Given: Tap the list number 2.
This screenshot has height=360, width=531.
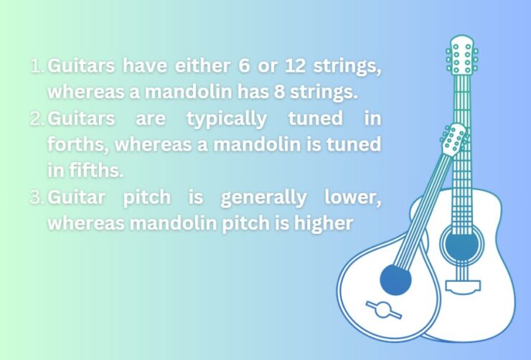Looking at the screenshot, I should [37, 118].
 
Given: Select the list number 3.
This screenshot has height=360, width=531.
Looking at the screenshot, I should [37, 197].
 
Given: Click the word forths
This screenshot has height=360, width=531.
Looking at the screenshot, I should [77, 144].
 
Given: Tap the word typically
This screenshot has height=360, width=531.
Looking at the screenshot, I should [227, 118].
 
